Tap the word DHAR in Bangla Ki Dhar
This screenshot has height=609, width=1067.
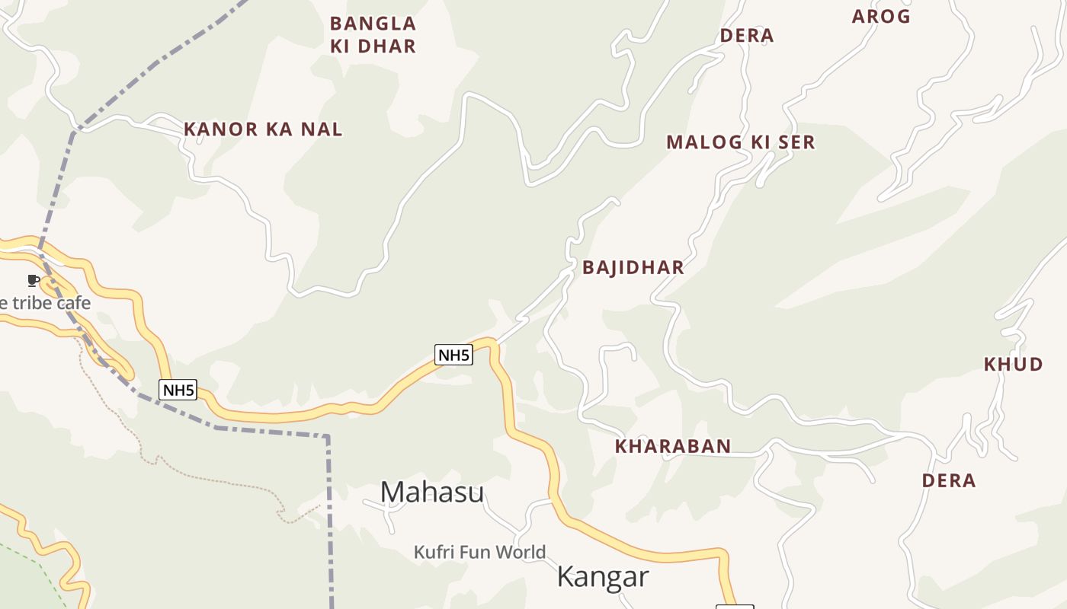[386, 46]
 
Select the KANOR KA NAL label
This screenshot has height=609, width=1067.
[263, 129]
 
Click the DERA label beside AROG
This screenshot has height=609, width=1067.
[747, 36]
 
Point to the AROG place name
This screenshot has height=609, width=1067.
[881, 17]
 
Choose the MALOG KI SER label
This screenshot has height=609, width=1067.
[740, 142]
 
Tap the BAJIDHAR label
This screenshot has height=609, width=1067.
[633, 268]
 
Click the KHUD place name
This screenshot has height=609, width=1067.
[1013, 365]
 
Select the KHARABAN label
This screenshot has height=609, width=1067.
[673, 447]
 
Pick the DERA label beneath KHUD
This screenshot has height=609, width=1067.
[949, 481]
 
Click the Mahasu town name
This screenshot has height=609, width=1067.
[431, 493]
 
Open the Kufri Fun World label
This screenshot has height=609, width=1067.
[479, 552]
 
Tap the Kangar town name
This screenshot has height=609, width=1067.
[602, 577]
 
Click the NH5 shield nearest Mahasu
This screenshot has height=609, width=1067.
[453, 354]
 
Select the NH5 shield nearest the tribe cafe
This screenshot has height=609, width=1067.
[178, 390]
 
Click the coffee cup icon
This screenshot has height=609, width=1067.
[33, 280]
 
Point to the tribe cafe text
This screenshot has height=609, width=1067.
[46, 303]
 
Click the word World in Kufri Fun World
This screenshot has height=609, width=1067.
[521, 552]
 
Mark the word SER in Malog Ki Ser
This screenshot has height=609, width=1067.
[796, 142]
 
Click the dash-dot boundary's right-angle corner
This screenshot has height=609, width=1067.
[328, 436]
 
